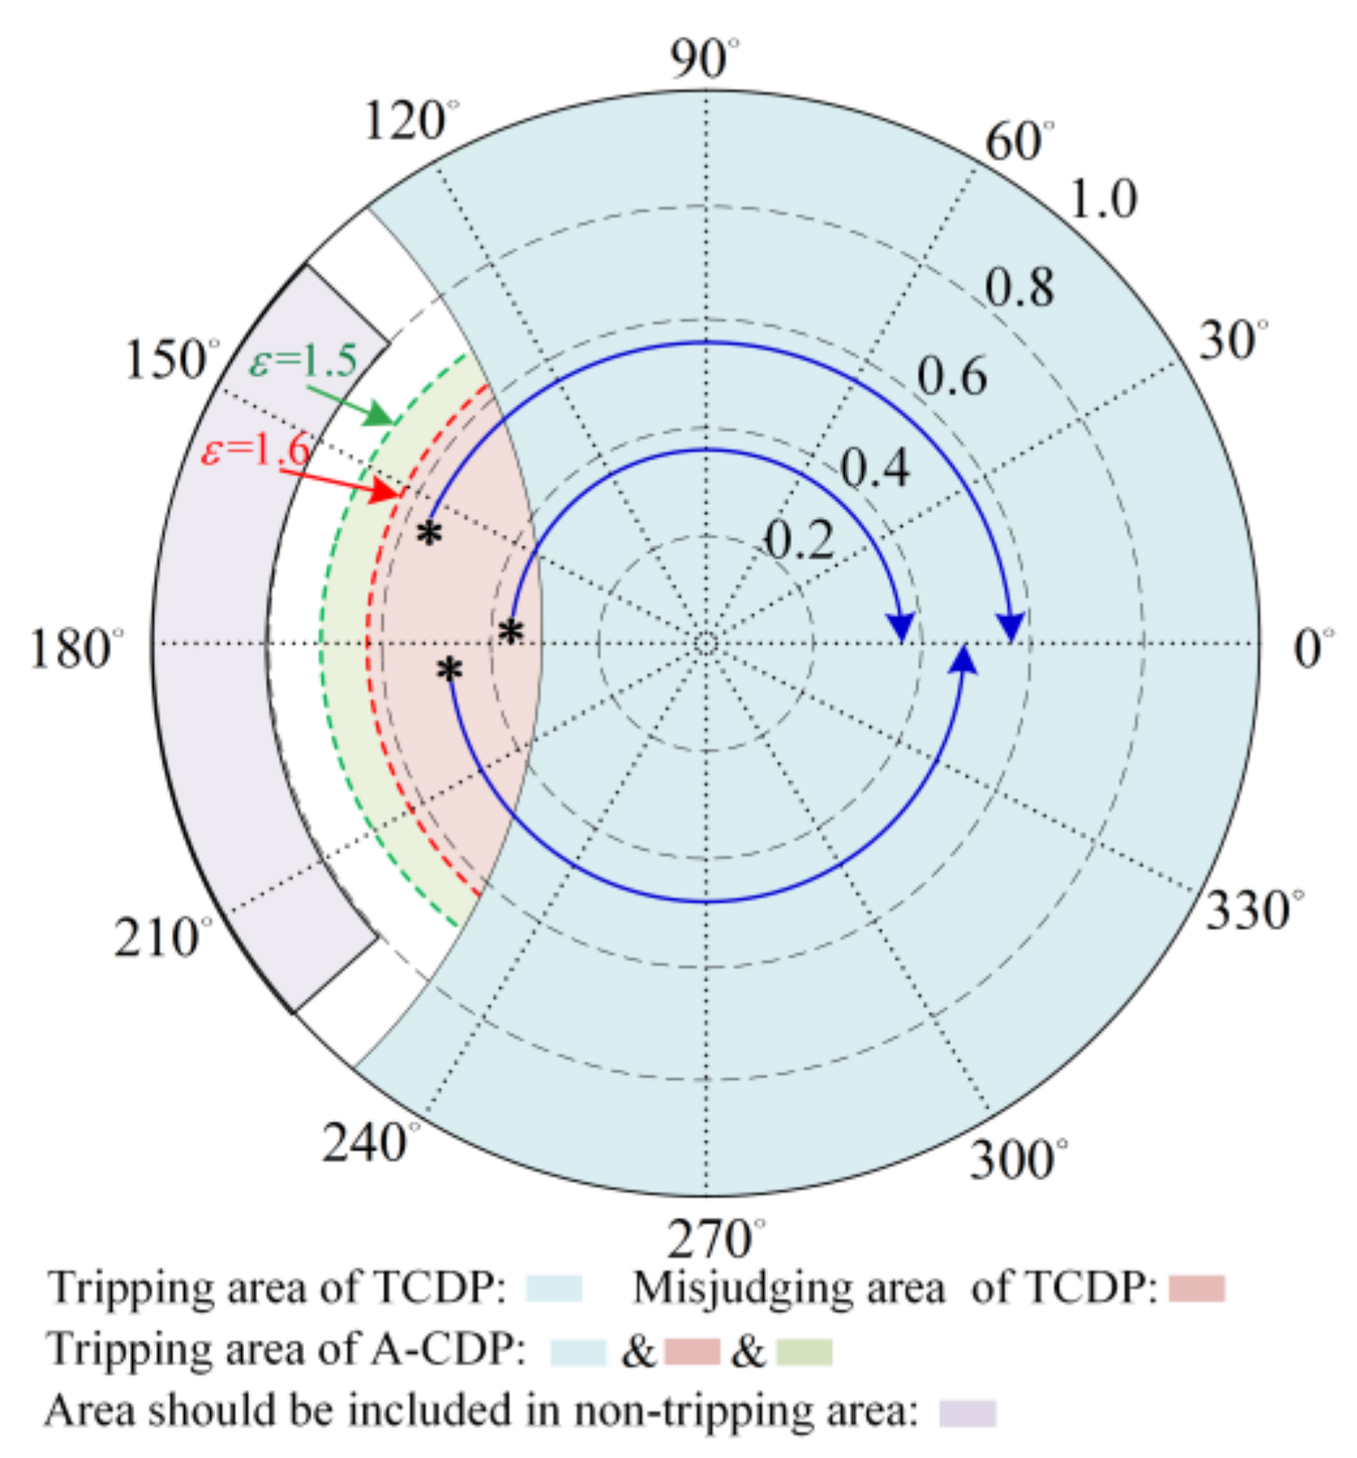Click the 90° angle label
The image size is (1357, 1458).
click(704, 59)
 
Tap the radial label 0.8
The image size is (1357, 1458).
click(1019, 287)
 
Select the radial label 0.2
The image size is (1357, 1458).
click(800, 539)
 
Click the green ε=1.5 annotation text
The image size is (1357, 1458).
click(303, 361)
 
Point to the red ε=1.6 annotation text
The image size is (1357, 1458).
click(255, 450)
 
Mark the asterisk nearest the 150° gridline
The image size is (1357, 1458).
click(429, 533)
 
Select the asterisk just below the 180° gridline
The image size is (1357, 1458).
click(450, 669)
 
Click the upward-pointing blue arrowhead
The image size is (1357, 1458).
click(964, 660)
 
